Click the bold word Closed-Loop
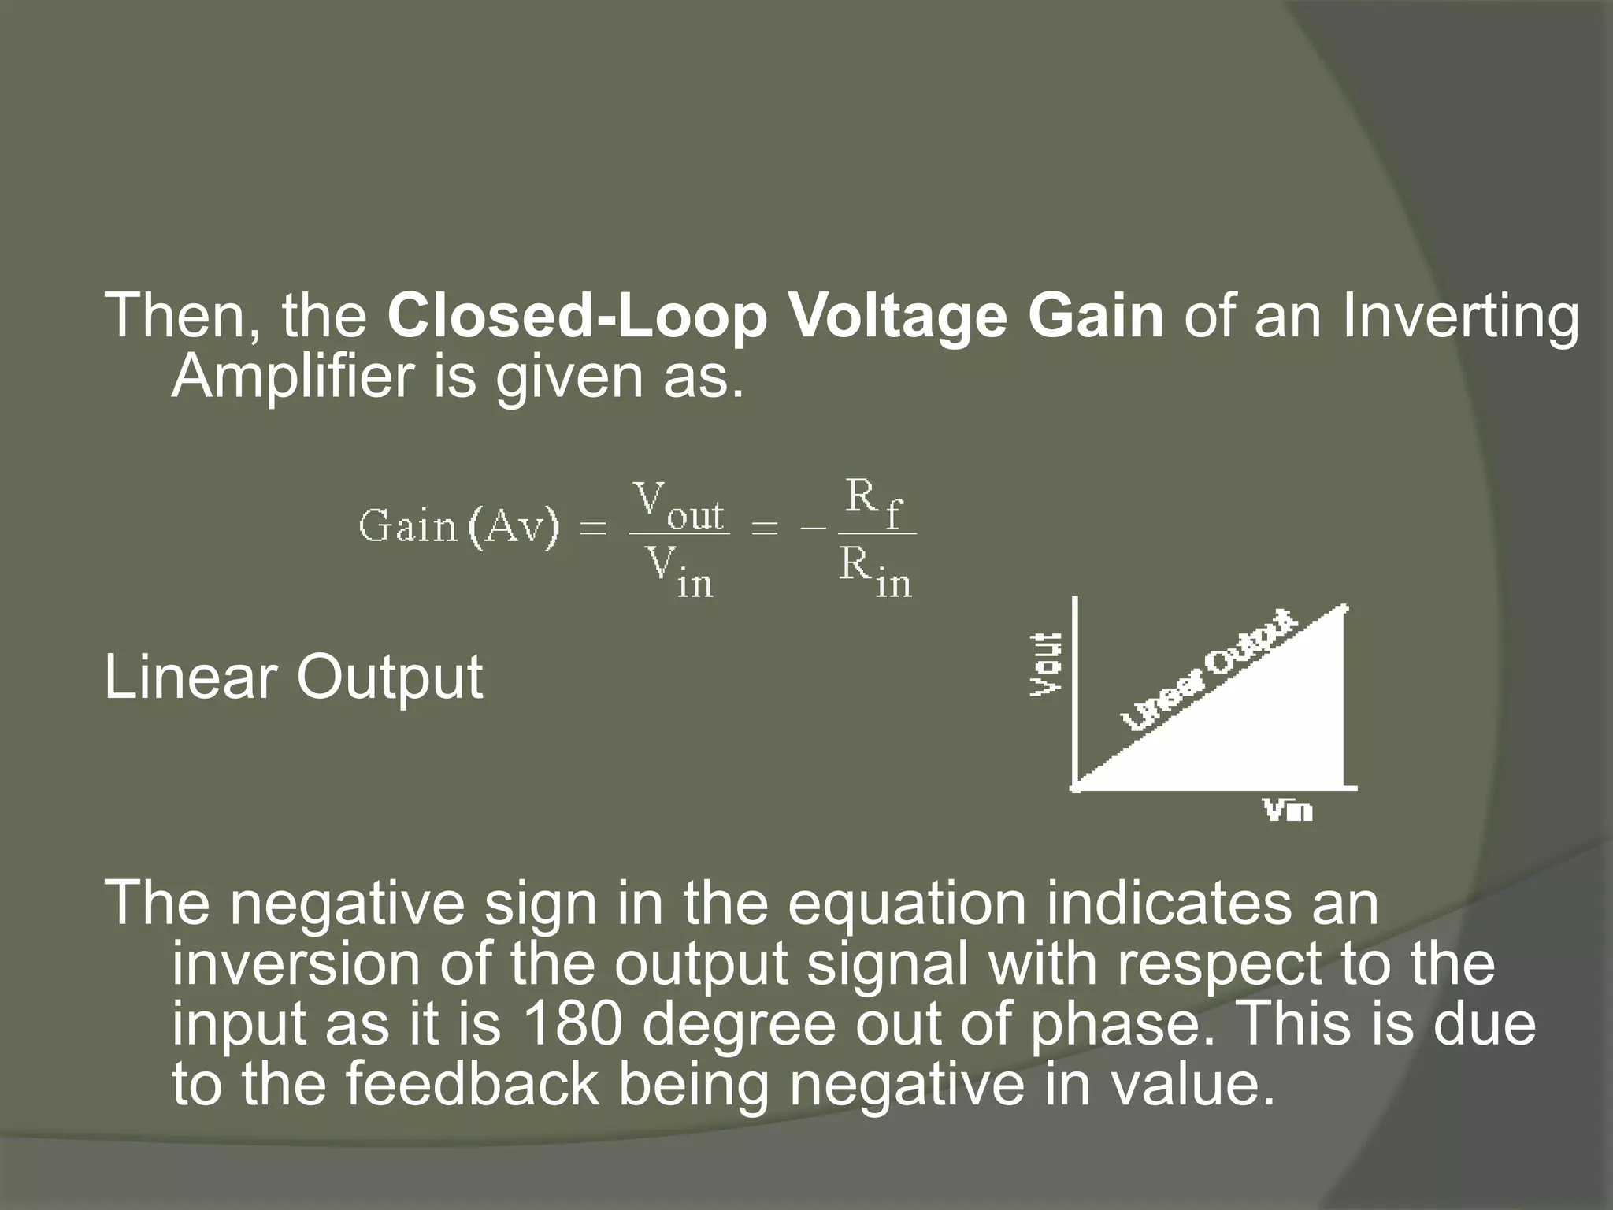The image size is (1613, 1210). pyautogui.click(x=576, y=317)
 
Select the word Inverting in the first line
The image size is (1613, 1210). pyautogui.click(x=1461, y=317)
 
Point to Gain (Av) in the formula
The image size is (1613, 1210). pyautogui.click(x=458, y=526)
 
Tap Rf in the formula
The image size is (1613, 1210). pyautogui.click(x=873, y=504)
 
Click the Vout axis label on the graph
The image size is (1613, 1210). pyautogui.click(x=1046, y=663)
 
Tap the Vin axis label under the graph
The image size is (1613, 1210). pyautogui.click(x=1289, y=810)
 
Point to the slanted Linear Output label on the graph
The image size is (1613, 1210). pyautogui.click(x=1209, y=670)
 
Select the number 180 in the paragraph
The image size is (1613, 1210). pyautogui.click(x=572, y=1024)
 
